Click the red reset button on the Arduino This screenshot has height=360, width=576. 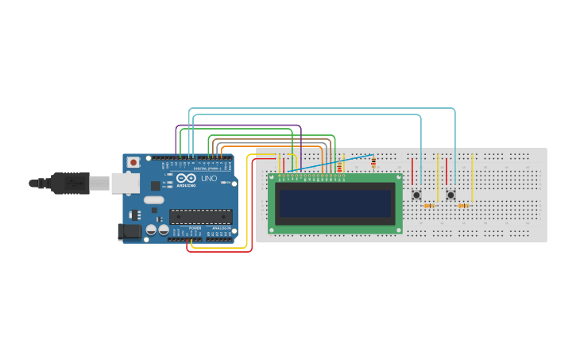[133, 162]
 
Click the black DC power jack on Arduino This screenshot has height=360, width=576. [128, 231]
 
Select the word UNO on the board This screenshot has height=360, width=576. [209, 179]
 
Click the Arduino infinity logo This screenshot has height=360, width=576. [185, 179]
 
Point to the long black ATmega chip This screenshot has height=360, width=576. [200, 216]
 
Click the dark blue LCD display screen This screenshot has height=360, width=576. [334, 204]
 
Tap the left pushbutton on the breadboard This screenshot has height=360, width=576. [416, 195]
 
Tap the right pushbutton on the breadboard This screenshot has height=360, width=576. [450, 195]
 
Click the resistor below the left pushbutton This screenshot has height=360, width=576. [430, 206]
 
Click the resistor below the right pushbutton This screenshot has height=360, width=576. [463, 206]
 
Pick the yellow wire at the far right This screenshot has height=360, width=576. [473, 179]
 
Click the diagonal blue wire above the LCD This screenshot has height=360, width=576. [334, 162]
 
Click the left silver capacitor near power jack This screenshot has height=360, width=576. [151, 230]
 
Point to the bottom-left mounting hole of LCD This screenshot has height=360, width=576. [272, 230]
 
